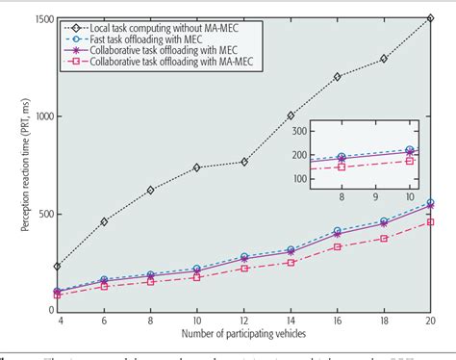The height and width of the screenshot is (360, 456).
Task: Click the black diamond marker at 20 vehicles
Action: pyautogui.click(x=429, y=18)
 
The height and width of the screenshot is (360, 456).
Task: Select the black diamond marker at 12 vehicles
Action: pyautogui.click(x=243, y=162)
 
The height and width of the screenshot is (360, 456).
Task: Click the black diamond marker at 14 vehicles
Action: pyautogui.click(x=290, y=116)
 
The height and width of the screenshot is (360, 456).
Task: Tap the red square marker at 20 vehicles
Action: pyautogui.click(x=429, y=221)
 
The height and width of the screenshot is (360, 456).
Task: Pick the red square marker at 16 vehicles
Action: pyautogui.click(x=337, y=246)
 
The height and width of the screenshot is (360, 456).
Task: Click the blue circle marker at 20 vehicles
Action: pyautogui.click(x=429, y=203)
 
